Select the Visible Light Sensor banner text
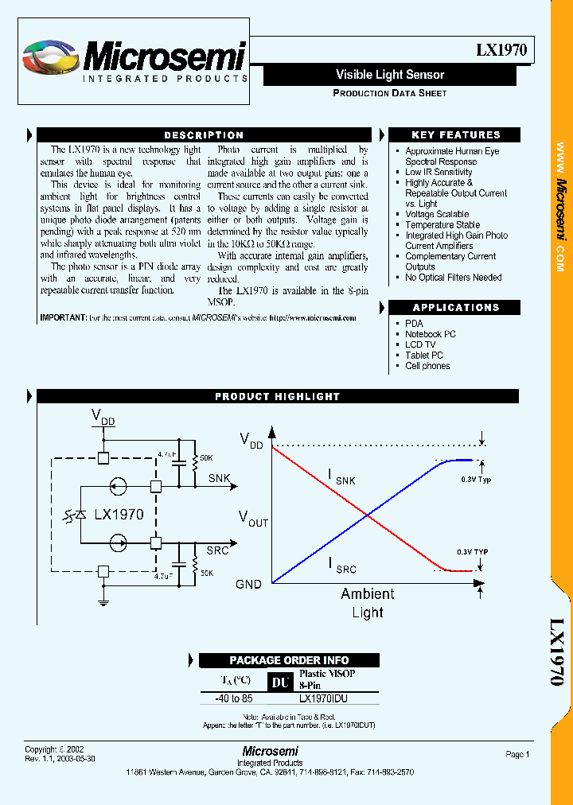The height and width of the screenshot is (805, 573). coord(390,75)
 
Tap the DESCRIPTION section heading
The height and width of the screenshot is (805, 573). coord(204,135)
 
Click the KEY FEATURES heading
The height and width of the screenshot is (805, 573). coord(456,135)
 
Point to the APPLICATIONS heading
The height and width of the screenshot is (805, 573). coord(456,308)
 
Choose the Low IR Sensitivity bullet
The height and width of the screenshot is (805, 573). coord(439,172)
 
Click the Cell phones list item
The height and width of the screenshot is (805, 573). coord(427,366)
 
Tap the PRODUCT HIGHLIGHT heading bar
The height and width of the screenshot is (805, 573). coord(278,396)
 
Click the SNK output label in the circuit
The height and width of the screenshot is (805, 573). coord(220,478)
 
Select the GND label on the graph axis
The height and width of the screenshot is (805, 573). coord(248,584)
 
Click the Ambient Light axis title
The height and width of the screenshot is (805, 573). coord(367,603)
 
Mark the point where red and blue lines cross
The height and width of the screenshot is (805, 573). coord(368,516)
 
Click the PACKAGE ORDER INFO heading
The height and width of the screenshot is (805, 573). coord(289,660)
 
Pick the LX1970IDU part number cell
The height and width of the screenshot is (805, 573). coord(323,699)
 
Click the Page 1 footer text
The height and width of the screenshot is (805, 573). coord(516,754)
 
